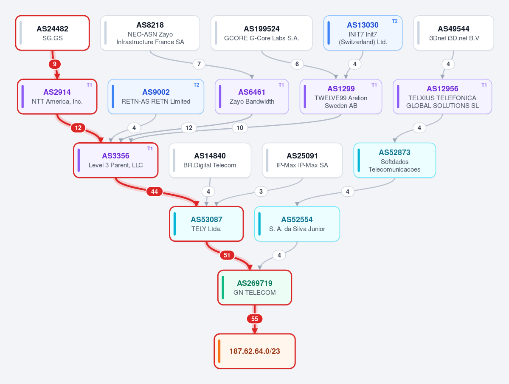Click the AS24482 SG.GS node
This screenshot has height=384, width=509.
(x=53, y=33)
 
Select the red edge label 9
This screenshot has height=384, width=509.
(x=54, y=64)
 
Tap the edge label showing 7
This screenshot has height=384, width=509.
(x=199, y=64)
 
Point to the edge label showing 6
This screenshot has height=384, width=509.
(x=297, y=64)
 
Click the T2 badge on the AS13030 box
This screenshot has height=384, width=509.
(x=394, y=21)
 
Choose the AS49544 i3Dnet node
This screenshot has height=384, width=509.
(x=453, y=33)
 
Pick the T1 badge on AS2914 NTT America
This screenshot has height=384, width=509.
(x=89, y=85)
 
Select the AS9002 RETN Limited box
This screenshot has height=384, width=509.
(x=156, y=96)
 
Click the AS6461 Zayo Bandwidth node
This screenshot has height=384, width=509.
(x=252, y=96)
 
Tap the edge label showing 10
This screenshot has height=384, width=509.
(x=240, y=128)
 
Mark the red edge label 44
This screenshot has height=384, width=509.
(x=155, y=191)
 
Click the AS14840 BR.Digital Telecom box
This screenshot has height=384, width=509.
(x=210, y=160)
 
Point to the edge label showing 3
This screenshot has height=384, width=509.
(x=261, y=191)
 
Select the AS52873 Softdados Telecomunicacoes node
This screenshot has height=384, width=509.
(x=394, y=160)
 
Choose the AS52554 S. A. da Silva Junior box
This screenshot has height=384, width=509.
(x=297, y=224)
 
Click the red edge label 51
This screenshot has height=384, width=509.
(x=227, y=255)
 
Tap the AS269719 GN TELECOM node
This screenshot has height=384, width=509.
(x=255, y=288)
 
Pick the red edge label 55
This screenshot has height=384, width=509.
(x=255, y=319)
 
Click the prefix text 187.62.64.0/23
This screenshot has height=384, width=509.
(x=255, y=351)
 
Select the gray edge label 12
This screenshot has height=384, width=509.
(x=189, y=128)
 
